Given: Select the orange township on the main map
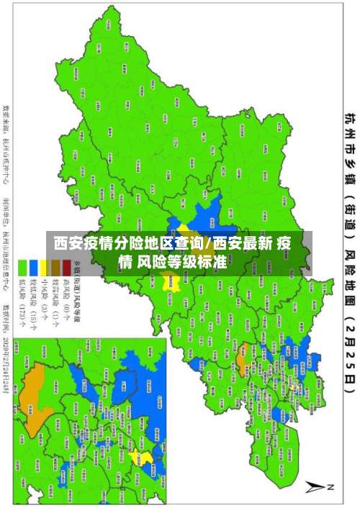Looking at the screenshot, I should pos(242,353).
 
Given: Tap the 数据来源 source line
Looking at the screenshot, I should pos(7,144).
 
